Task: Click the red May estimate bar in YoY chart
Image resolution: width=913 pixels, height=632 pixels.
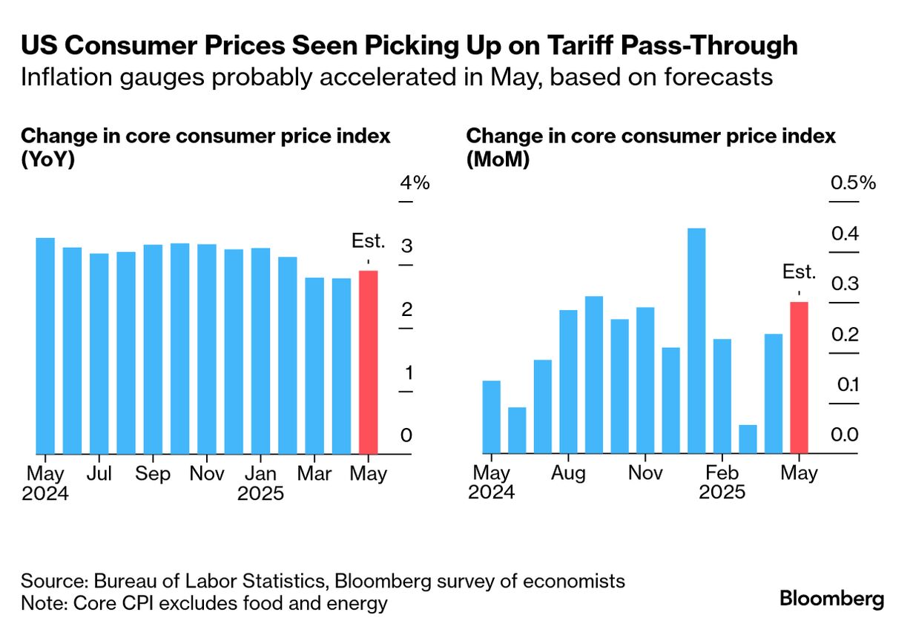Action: point(368,362)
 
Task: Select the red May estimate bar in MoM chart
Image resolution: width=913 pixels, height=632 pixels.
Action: point(799,378)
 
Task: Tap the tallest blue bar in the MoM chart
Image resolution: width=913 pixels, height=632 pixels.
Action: point(696,340)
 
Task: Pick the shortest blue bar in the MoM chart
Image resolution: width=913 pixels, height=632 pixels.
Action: point(748,439)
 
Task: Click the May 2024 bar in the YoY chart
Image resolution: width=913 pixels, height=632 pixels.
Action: point(46,346)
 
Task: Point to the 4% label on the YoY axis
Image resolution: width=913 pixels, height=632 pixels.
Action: point(415,183)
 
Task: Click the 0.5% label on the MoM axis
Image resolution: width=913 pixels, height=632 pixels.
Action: point(853,183)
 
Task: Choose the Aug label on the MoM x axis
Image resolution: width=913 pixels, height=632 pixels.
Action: point(569,474)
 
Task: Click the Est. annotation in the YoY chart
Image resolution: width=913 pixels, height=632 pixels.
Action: point(369,241)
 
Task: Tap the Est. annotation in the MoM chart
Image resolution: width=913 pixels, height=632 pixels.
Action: point(799,272)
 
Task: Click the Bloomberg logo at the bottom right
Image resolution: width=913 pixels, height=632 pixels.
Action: point(831,598)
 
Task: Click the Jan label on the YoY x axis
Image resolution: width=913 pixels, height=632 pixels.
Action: point(260,474)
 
